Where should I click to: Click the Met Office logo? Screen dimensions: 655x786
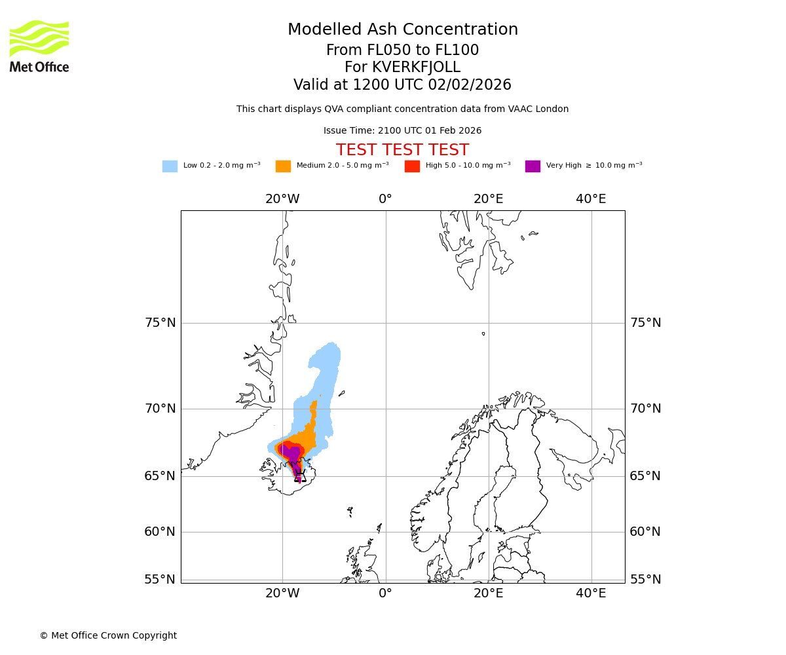[39, 46]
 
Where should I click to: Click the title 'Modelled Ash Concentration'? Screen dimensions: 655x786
[402, 30]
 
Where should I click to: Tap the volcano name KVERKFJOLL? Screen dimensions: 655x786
[416, 67]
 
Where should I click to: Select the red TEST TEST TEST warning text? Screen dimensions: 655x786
[402, 151]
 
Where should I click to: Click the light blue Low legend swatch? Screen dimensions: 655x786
[170, 166]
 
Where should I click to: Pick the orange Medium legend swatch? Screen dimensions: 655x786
[283, 166]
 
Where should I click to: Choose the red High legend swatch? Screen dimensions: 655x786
[412, 166]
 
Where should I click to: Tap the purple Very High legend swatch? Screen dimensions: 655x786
[533, 166]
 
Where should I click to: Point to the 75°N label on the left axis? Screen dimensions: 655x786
[160, 323]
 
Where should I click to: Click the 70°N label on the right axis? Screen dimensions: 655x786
[645, 409]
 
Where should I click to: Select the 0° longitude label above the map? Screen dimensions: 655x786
[385, 199]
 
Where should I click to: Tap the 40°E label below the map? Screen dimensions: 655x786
[591, 593]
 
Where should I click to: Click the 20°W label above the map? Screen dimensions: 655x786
[282, 199]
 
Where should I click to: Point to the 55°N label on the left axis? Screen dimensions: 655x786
[160, 580]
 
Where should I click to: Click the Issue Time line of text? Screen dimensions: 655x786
[402, 131]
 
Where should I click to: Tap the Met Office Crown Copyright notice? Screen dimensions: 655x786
[108, 636]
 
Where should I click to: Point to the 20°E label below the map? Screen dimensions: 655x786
[488, 593]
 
